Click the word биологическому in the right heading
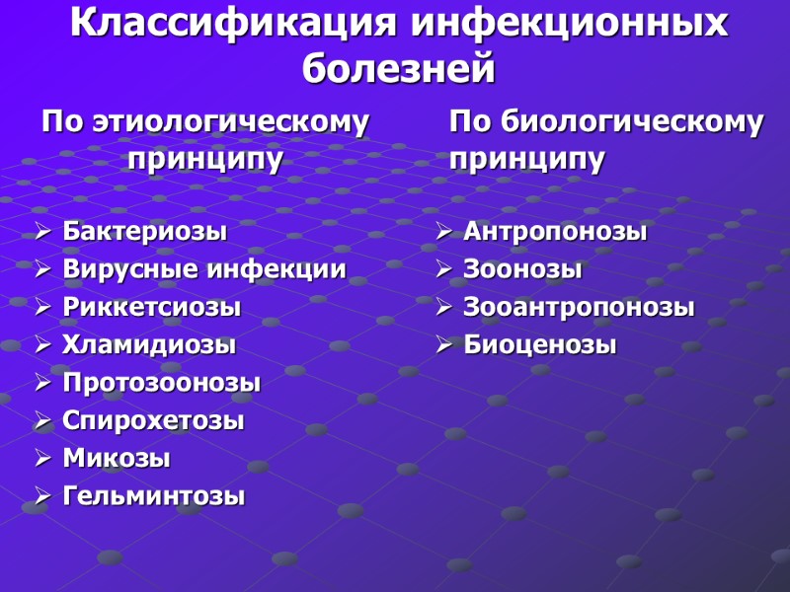[633, 122]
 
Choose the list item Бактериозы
[144, 232]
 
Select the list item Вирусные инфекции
[204, 269]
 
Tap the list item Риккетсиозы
[151, 307]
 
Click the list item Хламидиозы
[149, 345]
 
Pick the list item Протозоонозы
[161, 383]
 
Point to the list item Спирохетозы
[153, 420]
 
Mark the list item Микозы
[117, 458]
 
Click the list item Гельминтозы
[153, 495]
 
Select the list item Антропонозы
[555, 232]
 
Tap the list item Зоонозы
[522, 269]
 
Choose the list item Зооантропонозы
[579, 307]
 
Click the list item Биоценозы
[540, 345]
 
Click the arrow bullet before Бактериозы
[42, 233]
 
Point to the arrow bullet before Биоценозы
[443, 345]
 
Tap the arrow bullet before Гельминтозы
[42, 496]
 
